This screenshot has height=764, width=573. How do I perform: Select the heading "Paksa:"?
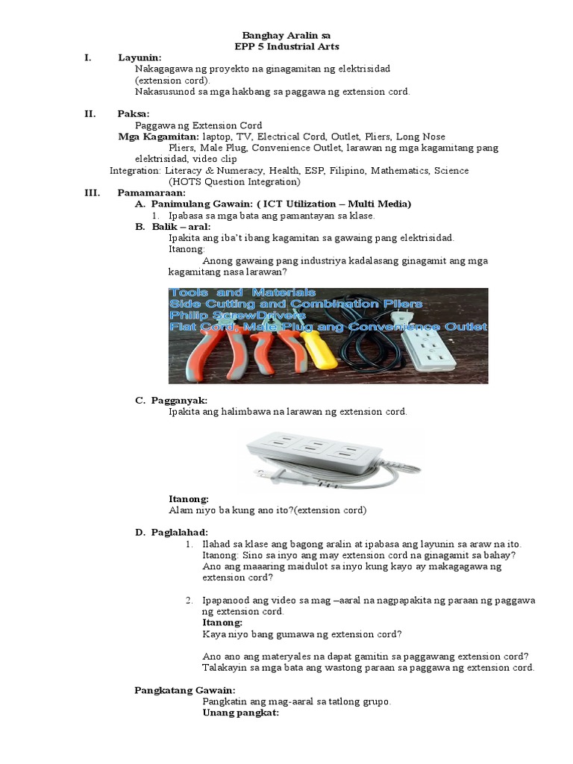(134, 113)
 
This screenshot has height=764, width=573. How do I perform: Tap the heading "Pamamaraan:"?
(151, 192)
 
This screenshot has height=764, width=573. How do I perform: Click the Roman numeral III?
(93, 192)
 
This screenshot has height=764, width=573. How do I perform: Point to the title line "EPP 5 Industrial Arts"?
(286, 46)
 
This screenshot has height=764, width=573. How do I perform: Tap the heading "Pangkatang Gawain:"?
(185, 690)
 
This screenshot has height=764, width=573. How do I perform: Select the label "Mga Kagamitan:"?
(158, 137)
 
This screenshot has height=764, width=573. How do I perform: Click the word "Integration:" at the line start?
(135, 170)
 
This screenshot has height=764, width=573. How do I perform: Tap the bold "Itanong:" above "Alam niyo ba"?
(189, 498)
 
